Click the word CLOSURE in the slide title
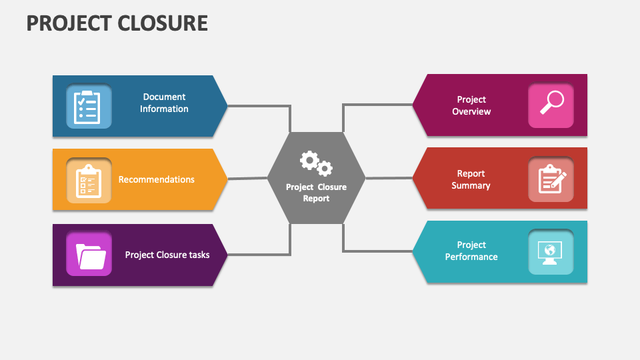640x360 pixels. [163, 23]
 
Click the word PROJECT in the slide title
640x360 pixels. [69, 23]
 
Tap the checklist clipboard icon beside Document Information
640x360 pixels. [89, 105]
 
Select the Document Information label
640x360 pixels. [164, 103]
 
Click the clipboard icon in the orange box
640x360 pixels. [89, 179]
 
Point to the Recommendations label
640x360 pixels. [157, 179]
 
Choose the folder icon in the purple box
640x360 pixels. [89, 255]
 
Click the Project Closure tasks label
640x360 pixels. [167, 255]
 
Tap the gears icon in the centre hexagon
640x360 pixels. [315, 163]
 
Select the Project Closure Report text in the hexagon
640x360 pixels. [316, 193]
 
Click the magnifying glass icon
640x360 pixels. [551, 105]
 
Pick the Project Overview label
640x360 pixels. [471, 105]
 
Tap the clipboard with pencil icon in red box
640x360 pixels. [551, 179]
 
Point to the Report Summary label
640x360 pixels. [471, 179]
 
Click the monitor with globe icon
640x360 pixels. [551, 252]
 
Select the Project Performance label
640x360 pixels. [471, 251]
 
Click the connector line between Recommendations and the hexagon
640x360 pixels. [247, 178]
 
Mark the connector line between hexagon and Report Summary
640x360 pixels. [389, 178]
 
